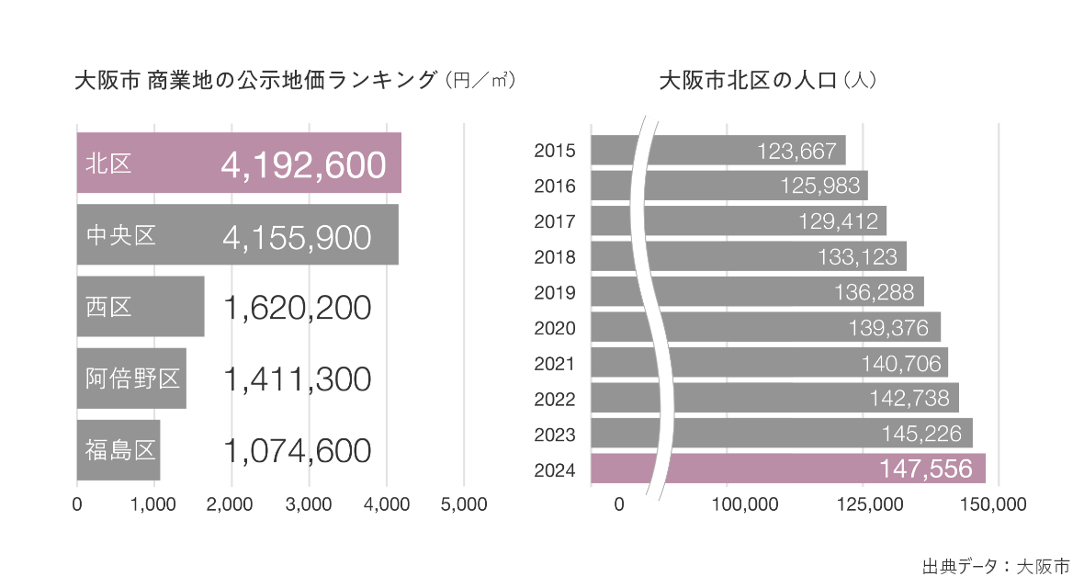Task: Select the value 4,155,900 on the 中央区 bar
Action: tap(297, 236)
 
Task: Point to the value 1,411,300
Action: tap(297, 379)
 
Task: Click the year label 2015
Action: tap(555, 151)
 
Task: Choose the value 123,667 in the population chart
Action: tap(797, 151)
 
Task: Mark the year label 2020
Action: tap(555, 328)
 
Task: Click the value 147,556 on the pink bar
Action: tap(925, 469)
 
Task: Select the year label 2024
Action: tap(555, 469)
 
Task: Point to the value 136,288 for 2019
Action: tap(874, 292)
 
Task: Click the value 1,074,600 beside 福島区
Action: tap(297, 450)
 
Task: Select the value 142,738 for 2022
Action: tap(909, 399)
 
